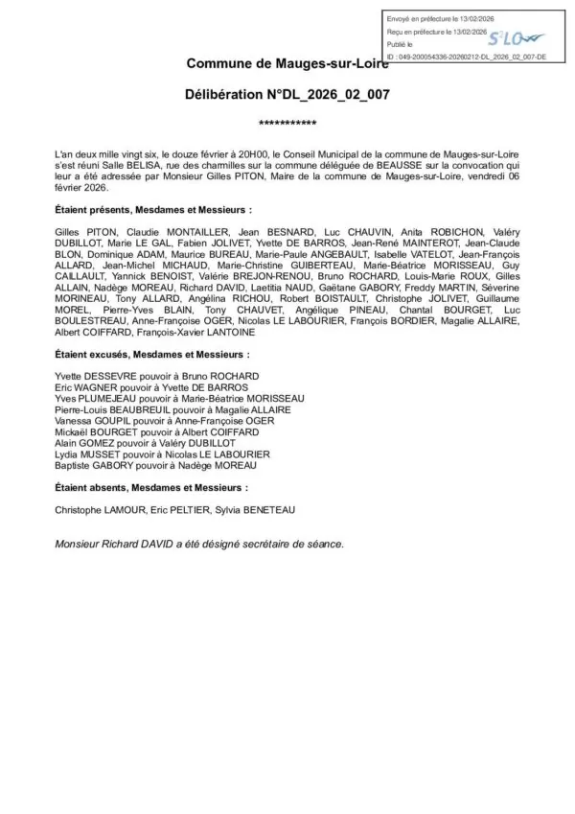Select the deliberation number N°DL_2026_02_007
pyautogui.click(x=287, y=97)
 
